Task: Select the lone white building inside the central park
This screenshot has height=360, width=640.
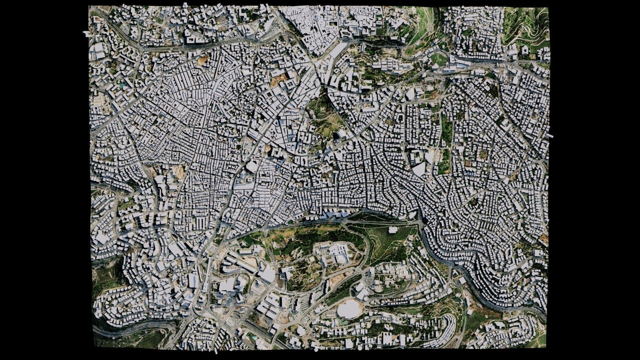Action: point(393,230)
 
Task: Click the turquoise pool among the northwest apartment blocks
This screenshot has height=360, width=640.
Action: point(124,86)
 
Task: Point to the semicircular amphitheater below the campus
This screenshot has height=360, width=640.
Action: point(379,287)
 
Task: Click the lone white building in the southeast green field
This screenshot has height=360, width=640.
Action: point(469,312)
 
